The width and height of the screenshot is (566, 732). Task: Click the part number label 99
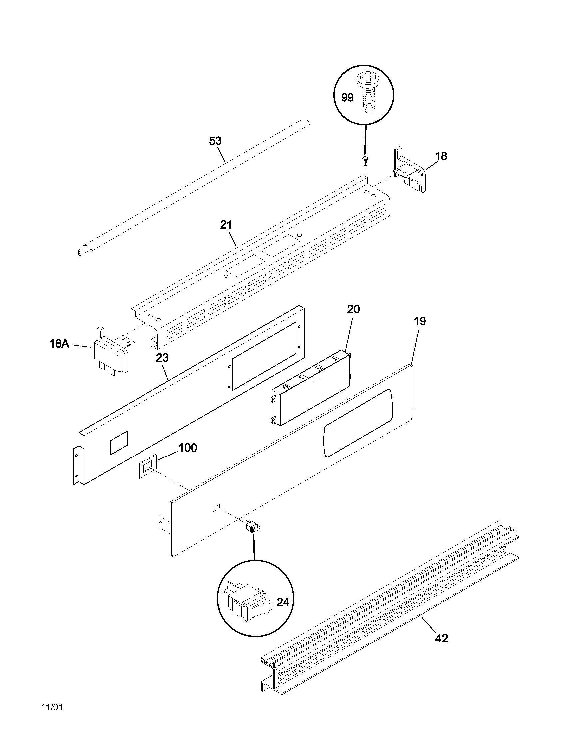click(347, 98)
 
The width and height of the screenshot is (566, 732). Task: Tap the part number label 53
click(215, 141)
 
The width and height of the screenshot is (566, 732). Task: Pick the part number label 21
click(226, 225)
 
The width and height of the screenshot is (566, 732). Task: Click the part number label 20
click(353, 309)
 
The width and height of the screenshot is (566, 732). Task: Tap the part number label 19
click(420, 321)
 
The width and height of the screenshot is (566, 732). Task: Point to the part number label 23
click(162, 358)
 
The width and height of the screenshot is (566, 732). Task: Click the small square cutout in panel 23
click(119, 443)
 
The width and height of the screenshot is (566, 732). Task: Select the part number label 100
click(188, 448)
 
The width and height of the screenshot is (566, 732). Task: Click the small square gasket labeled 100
click(147, 466)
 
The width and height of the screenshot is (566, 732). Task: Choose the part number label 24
click(282, 602)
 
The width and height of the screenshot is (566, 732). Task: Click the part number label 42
click(441, 639)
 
